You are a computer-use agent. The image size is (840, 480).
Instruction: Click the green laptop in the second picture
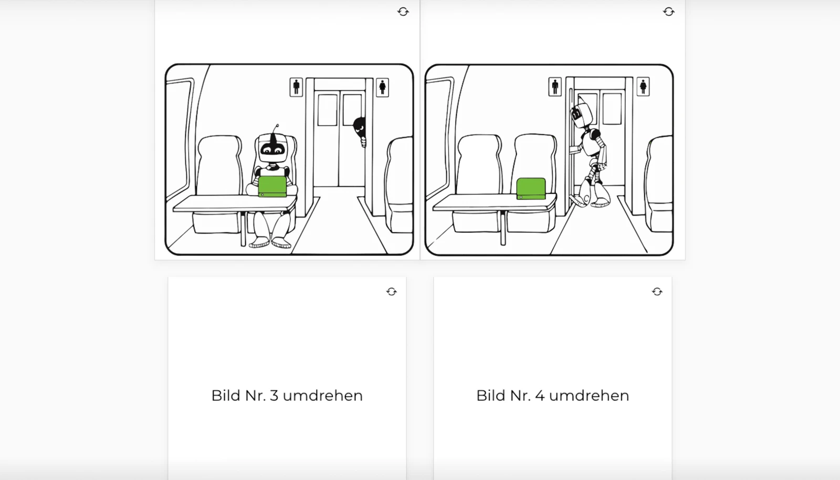(531, 189)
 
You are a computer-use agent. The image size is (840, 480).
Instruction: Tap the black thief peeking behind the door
(360, 130)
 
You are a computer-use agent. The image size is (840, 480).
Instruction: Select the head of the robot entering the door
(581, 114)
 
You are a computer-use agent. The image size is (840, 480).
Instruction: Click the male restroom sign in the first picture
(296, 87)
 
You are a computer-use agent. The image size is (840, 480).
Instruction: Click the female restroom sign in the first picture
(382, 87)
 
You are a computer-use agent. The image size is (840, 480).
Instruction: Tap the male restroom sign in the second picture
(555, 87)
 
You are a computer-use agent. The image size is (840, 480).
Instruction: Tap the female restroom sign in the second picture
(643, 87)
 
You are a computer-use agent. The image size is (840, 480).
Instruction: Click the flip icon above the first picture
(403, 12)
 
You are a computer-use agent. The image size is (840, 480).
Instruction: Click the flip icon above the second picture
(668, 12)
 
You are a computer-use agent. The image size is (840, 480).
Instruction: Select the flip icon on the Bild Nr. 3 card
(392, 292)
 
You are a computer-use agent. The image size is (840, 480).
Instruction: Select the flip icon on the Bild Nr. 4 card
(657, 292)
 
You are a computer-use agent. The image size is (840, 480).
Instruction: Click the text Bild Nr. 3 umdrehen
(287, 396)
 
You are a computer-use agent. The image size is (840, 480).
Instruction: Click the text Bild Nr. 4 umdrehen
(552, 396)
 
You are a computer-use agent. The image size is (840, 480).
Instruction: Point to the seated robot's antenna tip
(277, 126)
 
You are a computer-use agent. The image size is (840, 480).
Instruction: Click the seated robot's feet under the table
(270, 242)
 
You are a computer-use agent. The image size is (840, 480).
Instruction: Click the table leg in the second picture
(502, 228)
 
